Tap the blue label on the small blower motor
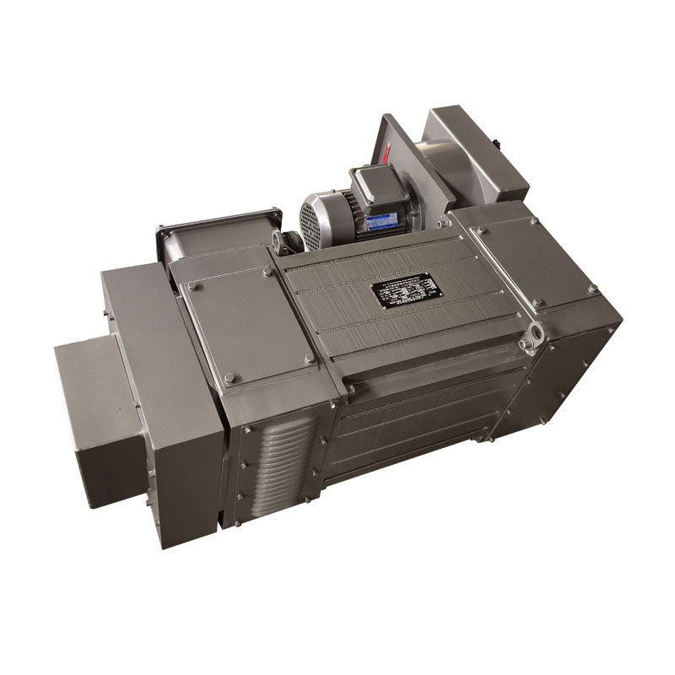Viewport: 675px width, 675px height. (381, 221)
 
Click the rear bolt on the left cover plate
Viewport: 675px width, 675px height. (267, 272)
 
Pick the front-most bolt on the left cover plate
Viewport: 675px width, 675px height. (228, 377)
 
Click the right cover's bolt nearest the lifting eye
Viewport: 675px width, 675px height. (538, 302)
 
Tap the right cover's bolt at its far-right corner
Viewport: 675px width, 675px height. (592, 289)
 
